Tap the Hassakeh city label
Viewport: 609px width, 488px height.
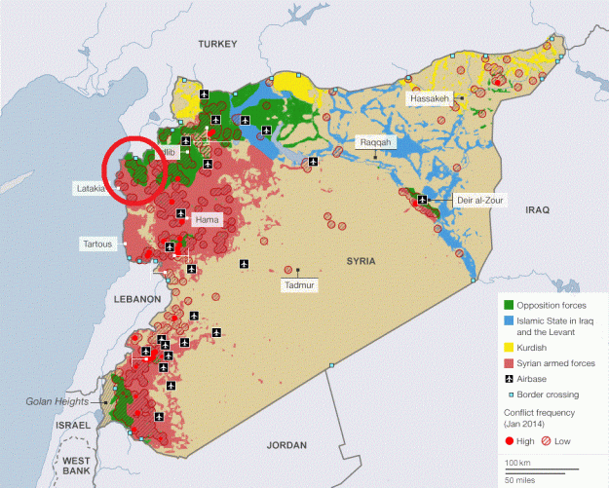click(x=431, y=99)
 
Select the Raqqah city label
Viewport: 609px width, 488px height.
click(x=375, y=142)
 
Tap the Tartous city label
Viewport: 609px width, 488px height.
click(x=97, y=243)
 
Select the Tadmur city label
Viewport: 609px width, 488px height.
click(x=298, y=284)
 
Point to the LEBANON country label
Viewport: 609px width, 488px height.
click(x=136, y=298)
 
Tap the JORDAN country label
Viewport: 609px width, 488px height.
click(x=286, y=445)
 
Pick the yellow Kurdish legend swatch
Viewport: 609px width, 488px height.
click(x=508, y=347)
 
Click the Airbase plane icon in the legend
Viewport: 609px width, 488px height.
click(x=508, y=379)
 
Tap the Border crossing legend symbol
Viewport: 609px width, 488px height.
click(x=508, y=394)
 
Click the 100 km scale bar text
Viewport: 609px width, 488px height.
click(x=518, y=462)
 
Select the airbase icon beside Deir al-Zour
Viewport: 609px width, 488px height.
click(x=423, y=200)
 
